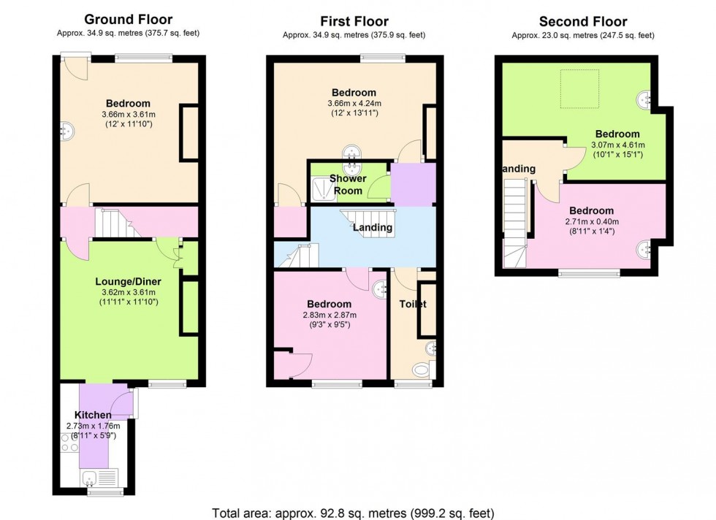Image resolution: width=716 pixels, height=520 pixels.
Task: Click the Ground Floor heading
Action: [128, 19]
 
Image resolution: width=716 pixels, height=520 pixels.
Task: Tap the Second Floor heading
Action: [582, 21]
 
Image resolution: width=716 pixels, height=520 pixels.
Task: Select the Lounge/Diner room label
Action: [128, 281]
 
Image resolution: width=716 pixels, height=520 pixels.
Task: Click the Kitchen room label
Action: [93, 415]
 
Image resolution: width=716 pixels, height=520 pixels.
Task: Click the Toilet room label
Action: [413, 304]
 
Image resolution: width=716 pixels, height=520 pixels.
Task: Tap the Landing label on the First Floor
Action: [373, 228]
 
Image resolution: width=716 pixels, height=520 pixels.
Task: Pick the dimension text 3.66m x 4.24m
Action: [354, 104]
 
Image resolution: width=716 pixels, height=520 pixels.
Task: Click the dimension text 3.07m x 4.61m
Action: [617, 145]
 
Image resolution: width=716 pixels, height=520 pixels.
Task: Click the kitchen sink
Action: [91, 478]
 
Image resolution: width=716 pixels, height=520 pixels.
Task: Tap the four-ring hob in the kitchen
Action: [69, 442]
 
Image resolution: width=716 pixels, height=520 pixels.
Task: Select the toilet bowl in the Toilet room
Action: [422, 371]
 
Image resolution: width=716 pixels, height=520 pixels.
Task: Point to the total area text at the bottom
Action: [357, 512]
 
